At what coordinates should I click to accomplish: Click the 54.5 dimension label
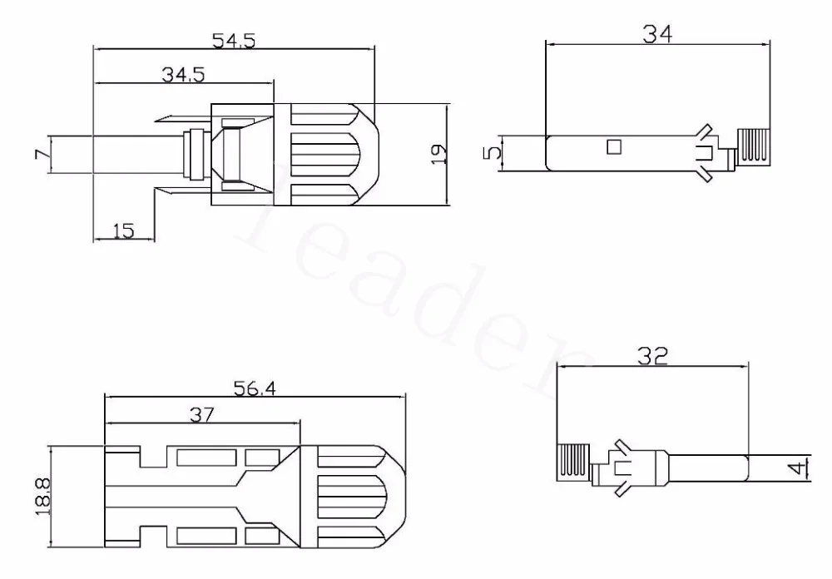234,40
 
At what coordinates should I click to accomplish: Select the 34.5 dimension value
183,74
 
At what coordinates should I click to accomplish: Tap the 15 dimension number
124,231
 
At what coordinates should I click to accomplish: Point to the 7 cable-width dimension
42,154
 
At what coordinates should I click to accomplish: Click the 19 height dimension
438,154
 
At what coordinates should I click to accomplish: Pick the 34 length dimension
657,34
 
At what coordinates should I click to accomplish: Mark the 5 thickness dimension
492,153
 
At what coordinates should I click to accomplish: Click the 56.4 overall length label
255,388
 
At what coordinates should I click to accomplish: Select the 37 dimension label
201,414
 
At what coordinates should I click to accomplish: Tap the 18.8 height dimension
42,496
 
